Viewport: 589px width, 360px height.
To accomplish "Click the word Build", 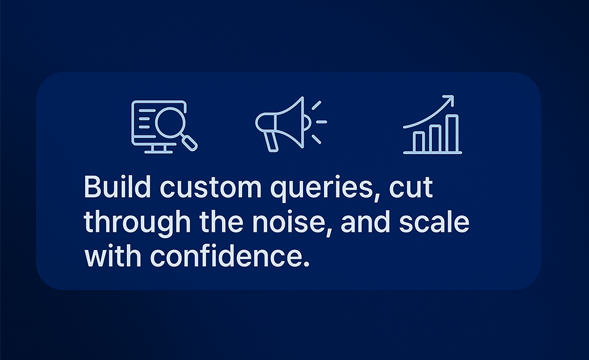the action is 117,187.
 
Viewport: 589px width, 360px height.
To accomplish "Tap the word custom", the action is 211,188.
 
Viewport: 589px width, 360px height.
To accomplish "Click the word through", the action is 137,223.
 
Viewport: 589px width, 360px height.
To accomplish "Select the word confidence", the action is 230,257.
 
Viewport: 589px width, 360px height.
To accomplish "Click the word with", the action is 113,257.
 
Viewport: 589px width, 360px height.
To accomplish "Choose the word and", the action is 365,222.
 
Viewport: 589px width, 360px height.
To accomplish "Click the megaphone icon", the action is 291,124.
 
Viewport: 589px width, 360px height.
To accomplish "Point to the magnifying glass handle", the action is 189,143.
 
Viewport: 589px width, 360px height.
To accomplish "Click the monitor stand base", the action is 158,152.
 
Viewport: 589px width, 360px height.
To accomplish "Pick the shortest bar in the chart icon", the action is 419,141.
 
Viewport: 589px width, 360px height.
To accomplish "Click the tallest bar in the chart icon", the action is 453,134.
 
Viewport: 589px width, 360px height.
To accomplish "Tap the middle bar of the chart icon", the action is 436,139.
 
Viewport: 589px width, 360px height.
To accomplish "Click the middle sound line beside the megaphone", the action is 321,122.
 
